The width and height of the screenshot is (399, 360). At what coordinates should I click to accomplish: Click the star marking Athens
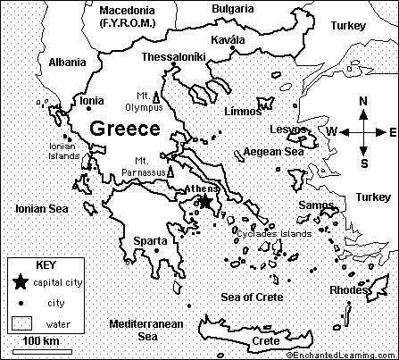205,203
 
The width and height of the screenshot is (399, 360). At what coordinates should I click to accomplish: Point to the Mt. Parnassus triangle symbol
169,170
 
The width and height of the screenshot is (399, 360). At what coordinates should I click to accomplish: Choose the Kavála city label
228,40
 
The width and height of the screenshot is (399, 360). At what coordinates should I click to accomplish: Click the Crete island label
266,341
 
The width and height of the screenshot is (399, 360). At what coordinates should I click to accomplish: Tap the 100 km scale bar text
40,342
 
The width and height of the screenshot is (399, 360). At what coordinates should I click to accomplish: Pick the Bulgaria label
233,9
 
